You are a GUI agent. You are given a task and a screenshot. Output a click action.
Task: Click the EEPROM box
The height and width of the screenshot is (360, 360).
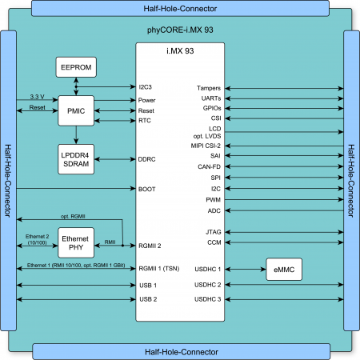point(76,67)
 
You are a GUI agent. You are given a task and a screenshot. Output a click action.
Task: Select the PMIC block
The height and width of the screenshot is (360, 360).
point(76,110)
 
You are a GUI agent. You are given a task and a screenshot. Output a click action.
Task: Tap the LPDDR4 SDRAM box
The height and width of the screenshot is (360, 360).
point(76,159)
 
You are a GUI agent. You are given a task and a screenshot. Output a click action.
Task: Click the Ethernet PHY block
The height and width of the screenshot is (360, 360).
point(76,242)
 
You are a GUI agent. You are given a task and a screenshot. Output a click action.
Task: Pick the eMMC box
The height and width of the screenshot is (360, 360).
point(284,270)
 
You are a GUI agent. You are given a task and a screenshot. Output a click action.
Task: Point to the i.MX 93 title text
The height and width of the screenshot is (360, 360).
point(180,51)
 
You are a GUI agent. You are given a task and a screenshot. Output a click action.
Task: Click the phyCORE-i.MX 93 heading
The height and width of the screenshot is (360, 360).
point(180,30)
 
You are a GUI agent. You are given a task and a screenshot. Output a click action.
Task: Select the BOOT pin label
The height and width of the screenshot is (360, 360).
point(146,189)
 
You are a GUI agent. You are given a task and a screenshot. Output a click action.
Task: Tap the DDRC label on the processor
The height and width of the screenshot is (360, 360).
point(146,159)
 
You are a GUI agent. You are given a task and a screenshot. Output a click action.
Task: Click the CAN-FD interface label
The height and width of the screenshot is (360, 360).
point(209,166)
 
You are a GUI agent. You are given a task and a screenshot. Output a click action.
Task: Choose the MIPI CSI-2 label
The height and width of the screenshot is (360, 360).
point(206,146)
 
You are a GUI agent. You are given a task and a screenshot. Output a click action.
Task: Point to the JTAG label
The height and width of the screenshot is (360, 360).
point(214,232)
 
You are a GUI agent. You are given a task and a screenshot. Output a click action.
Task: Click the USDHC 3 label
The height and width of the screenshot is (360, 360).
point(208,299)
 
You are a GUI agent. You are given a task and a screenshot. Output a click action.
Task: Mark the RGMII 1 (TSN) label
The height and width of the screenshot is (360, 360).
point(159,269)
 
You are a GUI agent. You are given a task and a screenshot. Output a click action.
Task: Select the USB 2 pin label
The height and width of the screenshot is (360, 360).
point(148,299)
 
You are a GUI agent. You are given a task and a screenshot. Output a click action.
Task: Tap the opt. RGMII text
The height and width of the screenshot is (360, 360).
point(73,216)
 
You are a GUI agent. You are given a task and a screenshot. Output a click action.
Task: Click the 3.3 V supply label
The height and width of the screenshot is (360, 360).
point(37,97)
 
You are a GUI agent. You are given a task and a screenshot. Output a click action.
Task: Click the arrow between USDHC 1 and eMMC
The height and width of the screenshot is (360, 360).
point(246,270)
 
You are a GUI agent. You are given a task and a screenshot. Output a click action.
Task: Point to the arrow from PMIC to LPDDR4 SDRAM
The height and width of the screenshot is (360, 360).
point(76,135)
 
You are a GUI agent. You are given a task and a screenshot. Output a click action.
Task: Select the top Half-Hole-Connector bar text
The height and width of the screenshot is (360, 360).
point(180,9)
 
